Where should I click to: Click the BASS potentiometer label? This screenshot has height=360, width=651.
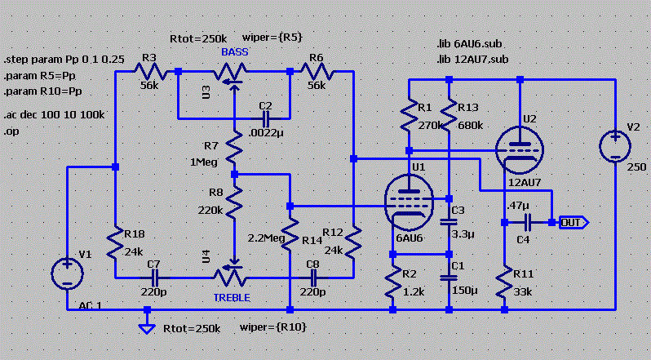233,51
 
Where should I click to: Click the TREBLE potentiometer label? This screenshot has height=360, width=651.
233,296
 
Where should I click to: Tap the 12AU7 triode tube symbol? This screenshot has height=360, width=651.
520,148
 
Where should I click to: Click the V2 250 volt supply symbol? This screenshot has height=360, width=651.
613,146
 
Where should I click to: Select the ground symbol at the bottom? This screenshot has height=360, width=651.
147,327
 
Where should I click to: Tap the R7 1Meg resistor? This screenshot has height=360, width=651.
233,149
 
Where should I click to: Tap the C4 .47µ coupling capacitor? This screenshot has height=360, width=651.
528,221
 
